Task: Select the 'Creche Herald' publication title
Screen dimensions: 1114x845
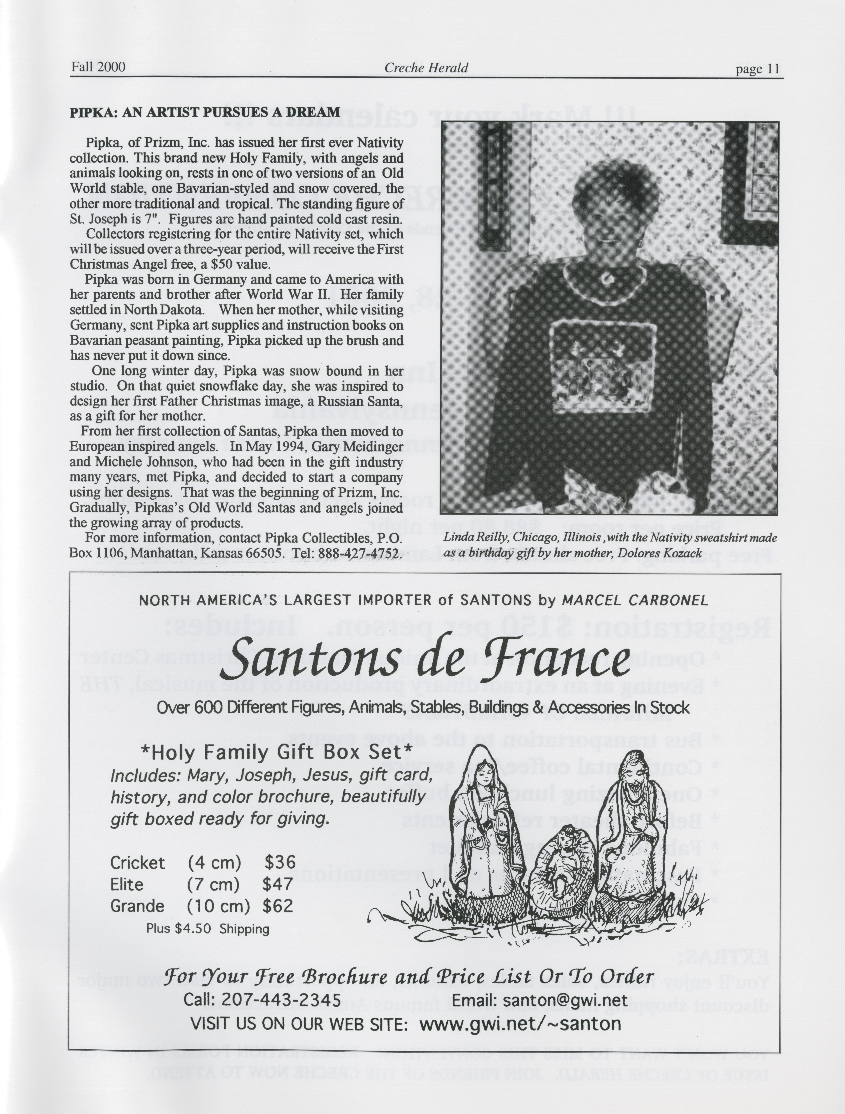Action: point(426,68)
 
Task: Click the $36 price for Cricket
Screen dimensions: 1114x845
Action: point(280,862)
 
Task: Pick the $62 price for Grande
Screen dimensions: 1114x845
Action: point(278,906)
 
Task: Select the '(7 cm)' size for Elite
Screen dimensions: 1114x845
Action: point(213,884)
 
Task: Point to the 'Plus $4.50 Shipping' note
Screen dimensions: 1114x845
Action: point(208,929)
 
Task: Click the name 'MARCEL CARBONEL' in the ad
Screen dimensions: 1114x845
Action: point(635,600)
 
